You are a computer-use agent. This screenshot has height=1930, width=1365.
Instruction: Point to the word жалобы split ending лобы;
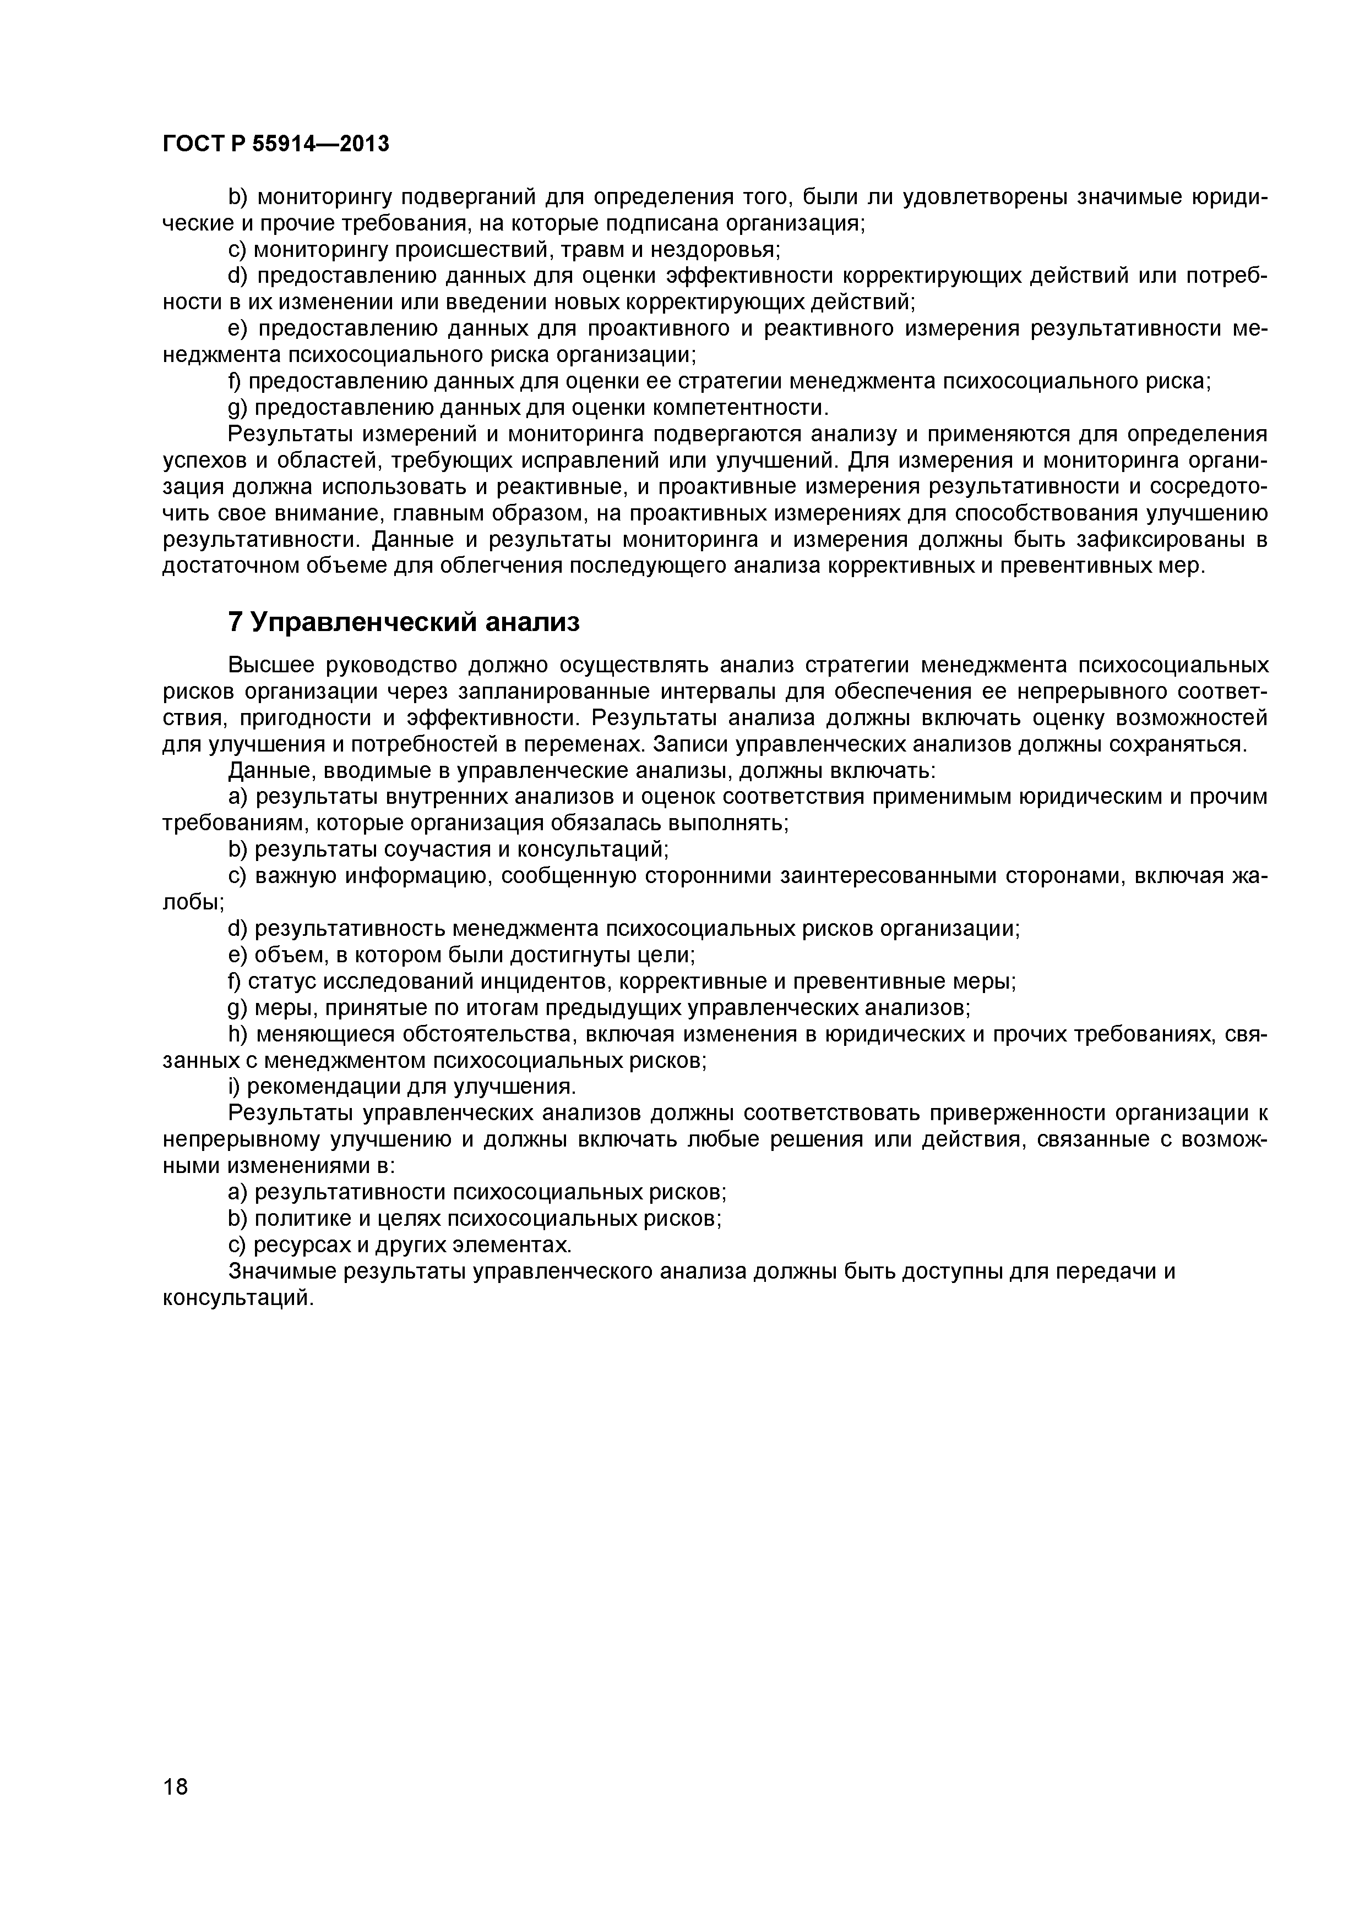193,902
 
